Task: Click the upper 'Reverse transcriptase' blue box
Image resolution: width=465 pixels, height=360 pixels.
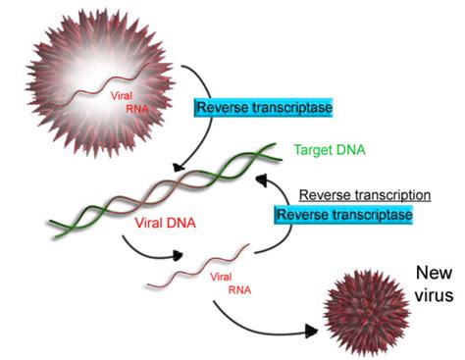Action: click(251, 107)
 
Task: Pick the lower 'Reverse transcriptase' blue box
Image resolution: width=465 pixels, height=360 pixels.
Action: click(340, 214)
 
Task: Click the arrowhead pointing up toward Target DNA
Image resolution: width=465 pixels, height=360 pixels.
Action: click(260, 180)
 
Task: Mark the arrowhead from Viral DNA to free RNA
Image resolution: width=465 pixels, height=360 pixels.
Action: click(179, 256)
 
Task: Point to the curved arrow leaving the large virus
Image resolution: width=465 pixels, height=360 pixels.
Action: click(201, 108)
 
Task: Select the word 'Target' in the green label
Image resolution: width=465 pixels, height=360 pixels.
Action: click(312, 151)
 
